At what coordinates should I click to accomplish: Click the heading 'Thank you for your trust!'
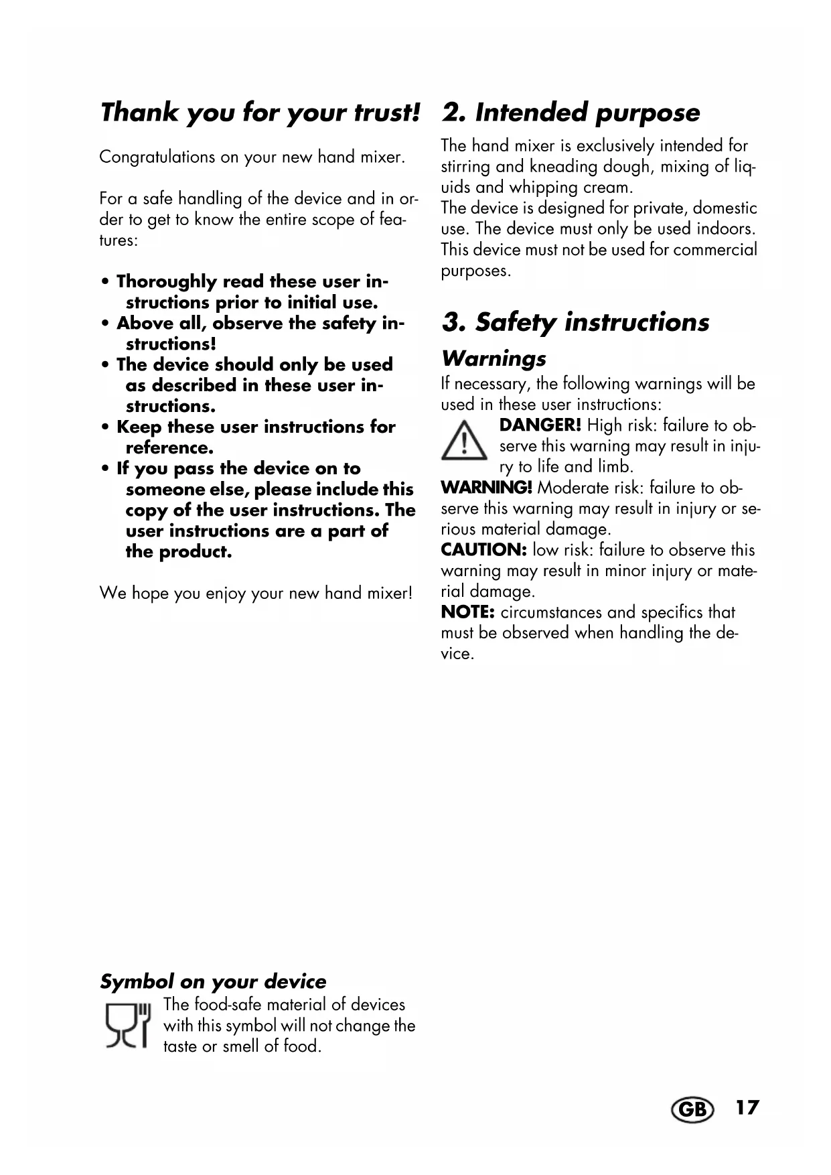tap(260, 112)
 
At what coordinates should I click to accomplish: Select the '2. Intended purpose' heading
tap(571, 112)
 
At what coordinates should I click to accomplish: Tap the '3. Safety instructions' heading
tap(575, 322)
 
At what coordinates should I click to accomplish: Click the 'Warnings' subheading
tap(494, 358)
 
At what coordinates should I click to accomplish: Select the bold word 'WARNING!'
tap(486, 487)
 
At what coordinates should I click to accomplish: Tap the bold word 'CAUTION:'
tap(484, 549)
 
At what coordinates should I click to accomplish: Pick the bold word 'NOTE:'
tap(467, 612)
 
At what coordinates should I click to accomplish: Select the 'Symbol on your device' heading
tap(213, 981)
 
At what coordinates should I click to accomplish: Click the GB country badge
tap(692, 1110)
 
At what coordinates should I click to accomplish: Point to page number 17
tap(747, 1107)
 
